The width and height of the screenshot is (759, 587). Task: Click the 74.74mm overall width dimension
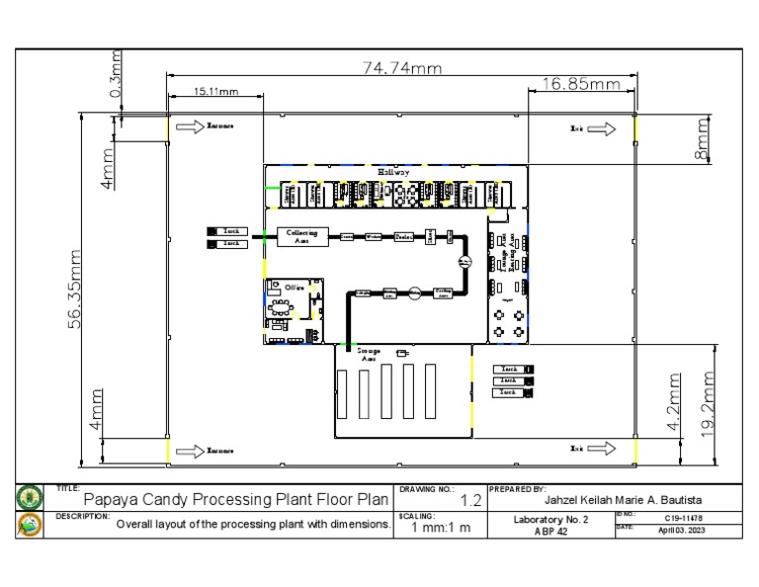coord(399,67)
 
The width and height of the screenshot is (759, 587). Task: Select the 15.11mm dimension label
coord(214,91)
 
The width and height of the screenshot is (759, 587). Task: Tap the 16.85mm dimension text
coord(580,85)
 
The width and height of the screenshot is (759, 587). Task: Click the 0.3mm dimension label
coord(117,77)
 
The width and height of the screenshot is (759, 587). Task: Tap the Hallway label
coord(393,172)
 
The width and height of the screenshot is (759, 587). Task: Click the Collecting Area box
coord(301,236)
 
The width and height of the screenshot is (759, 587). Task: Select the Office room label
coord(295,287)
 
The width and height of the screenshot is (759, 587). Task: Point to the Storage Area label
coord(369,354)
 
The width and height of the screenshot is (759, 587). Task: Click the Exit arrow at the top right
coord(602,128)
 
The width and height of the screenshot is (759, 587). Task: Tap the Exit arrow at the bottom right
coord(602,450)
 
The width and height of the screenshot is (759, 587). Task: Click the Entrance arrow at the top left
coord(186,126)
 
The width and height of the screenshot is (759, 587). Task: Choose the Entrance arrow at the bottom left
coord(186,451)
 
